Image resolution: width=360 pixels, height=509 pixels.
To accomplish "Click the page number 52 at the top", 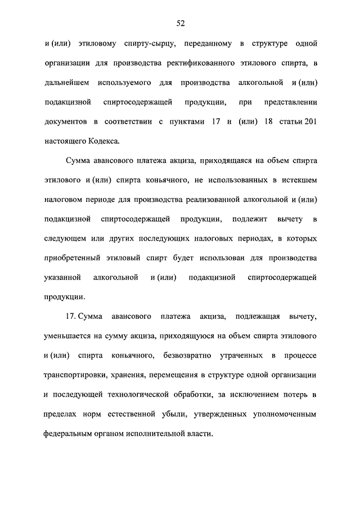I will coord(180,23).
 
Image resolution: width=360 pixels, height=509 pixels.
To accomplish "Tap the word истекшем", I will coord(296,181).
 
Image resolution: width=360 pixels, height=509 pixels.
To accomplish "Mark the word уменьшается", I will coord(68,336).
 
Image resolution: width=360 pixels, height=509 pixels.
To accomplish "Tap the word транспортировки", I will coord(79,375).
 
